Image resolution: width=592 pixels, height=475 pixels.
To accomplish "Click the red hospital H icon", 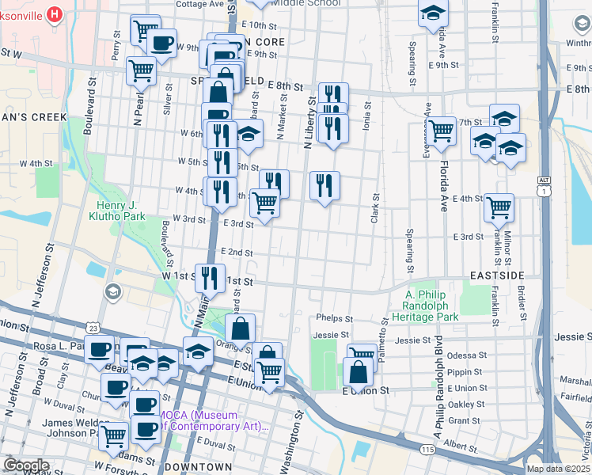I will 54,13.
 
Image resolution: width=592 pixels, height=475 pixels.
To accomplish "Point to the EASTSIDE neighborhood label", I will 496,275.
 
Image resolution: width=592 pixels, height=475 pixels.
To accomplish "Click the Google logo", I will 26,465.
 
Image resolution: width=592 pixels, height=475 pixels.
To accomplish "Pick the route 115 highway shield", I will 427,449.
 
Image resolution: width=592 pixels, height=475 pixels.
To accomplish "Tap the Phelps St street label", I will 334,318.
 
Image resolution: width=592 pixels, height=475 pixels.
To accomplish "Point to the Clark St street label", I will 374,207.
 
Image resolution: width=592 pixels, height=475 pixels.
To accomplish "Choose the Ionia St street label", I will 367,117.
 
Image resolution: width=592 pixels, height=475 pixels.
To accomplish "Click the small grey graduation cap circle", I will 112,292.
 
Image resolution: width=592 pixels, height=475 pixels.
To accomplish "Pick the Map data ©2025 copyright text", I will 558,469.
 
